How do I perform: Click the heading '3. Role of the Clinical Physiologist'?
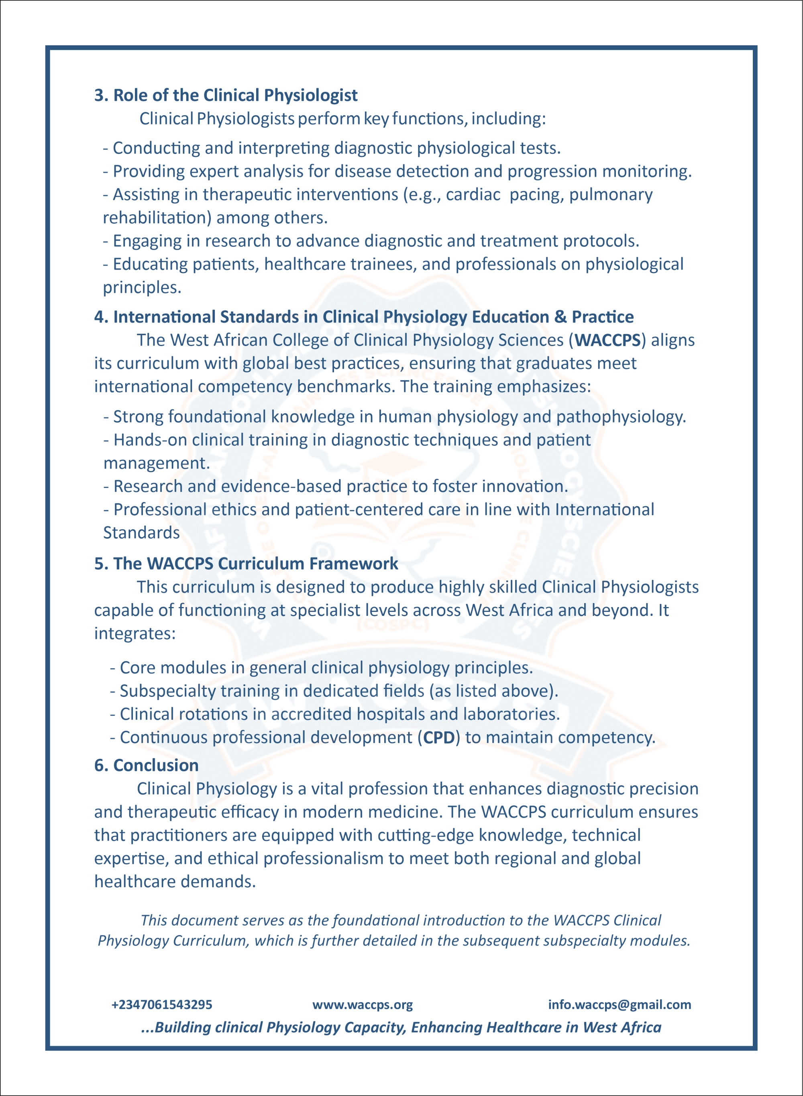[x=226, y=95]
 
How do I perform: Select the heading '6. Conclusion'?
[x=146, y=766]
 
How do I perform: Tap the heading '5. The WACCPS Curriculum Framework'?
[x=246, y=564]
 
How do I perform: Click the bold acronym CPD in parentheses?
[x=438, y=738]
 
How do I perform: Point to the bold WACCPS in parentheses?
[x=607, y=340]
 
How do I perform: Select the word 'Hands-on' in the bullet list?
[x=150, y=440]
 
